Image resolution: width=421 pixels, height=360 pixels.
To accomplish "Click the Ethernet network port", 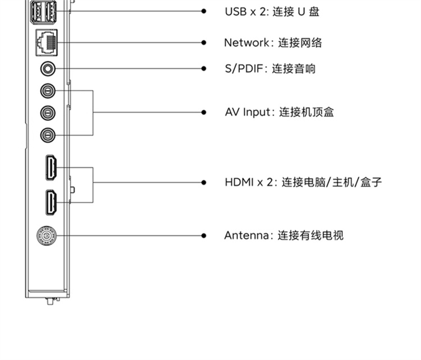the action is (47, 43).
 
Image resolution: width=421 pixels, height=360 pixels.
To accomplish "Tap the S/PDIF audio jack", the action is (48, 68).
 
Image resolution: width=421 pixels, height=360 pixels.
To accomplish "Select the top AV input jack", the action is (48, 91).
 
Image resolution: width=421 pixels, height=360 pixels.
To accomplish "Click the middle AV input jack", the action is (48, 113).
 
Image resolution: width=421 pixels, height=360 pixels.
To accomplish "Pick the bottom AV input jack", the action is (48, 135).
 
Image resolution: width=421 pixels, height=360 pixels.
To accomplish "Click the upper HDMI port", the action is (51, 168).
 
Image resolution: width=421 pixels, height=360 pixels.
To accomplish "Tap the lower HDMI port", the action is (51, 202).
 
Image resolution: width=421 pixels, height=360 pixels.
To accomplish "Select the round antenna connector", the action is (47, 236).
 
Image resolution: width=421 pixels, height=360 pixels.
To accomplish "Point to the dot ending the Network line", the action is (204, 43).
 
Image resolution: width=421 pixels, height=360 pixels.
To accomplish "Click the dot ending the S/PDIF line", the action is (204, 68).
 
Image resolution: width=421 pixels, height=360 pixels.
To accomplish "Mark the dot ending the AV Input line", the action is (204, 112).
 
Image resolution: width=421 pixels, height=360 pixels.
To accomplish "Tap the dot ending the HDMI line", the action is (204, 182).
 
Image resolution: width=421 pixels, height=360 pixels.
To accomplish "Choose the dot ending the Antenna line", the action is (204, 236).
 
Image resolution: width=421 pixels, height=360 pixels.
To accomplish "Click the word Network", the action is (246, 43).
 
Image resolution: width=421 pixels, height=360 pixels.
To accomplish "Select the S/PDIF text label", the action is (244, 68).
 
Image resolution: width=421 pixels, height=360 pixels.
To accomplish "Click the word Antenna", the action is (246, 236).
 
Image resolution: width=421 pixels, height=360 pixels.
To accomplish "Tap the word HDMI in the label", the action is (239, 182).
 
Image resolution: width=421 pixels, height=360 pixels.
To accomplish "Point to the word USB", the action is (236, 12).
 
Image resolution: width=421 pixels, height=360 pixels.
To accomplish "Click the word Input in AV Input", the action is (257, 112).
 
